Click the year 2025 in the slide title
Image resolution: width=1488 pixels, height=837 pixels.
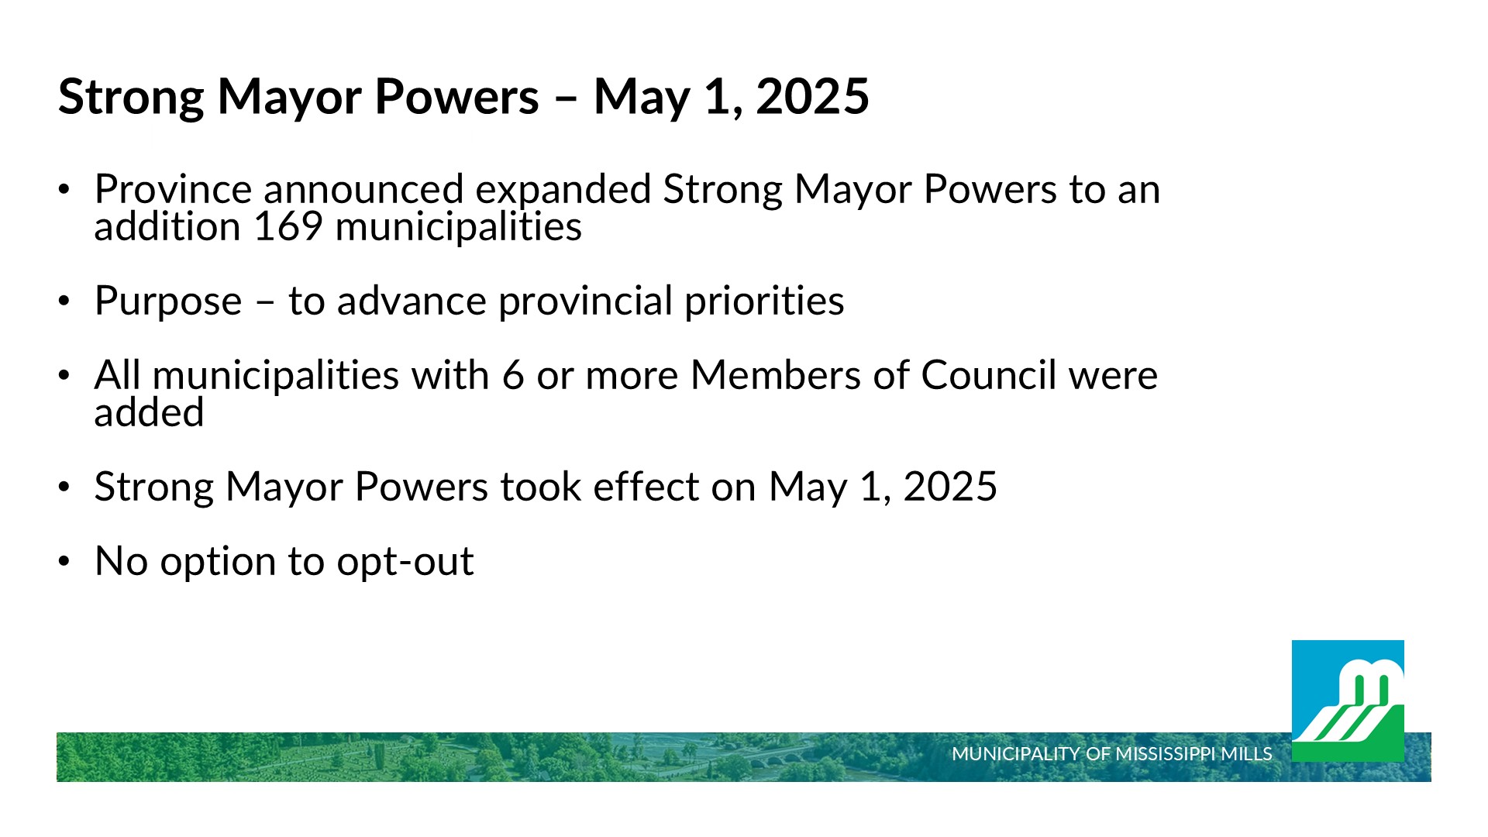(812, 97)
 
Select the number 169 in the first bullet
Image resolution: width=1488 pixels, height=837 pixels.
(288, 226)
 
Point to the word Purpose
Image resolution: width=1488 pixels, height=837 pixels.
(168, 302)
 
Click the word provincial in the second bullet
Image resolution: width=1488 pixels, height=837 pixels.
(585, 302)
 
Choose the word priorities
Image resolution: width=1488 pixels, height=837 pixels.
(764, 302)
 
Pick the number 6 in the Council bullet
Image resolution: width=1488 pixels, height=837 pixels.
(513, 376)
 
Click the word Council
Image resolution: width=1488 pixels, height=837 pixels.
(989, 375)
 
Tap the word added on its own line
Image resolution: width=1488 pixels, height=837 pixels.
(149, 412)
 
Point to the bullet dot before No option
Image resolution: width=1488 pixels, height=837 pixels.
(64, 561)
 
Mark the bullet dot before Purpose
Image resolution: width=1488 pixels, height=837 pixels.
(64, 301)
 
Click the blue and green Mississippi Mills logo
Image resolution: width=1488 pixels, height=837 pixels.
(1348, 701)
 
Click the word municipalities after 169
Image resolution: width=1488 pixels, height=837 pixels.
(458, 228)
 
